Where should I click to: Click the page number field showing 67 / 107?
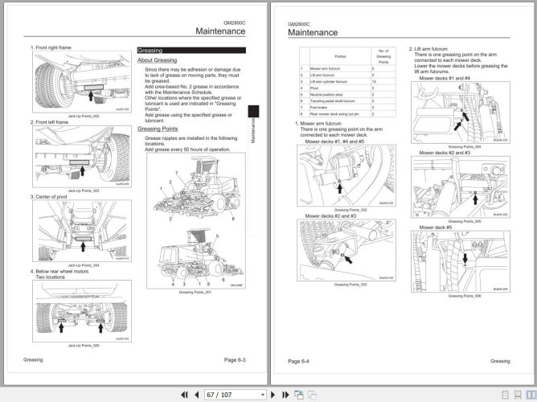point(233,394)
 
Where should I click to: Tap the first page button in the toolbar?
point(184,394)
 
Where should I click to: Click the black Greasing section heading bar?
point(191,50)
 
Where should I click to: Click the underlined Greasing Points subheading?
point(158,129)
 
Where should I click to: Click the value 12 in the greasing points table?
point(373,83)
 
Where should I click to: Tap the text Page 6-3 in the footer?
point(240,360)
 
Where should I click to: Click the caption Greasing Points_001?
point(194,292)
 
